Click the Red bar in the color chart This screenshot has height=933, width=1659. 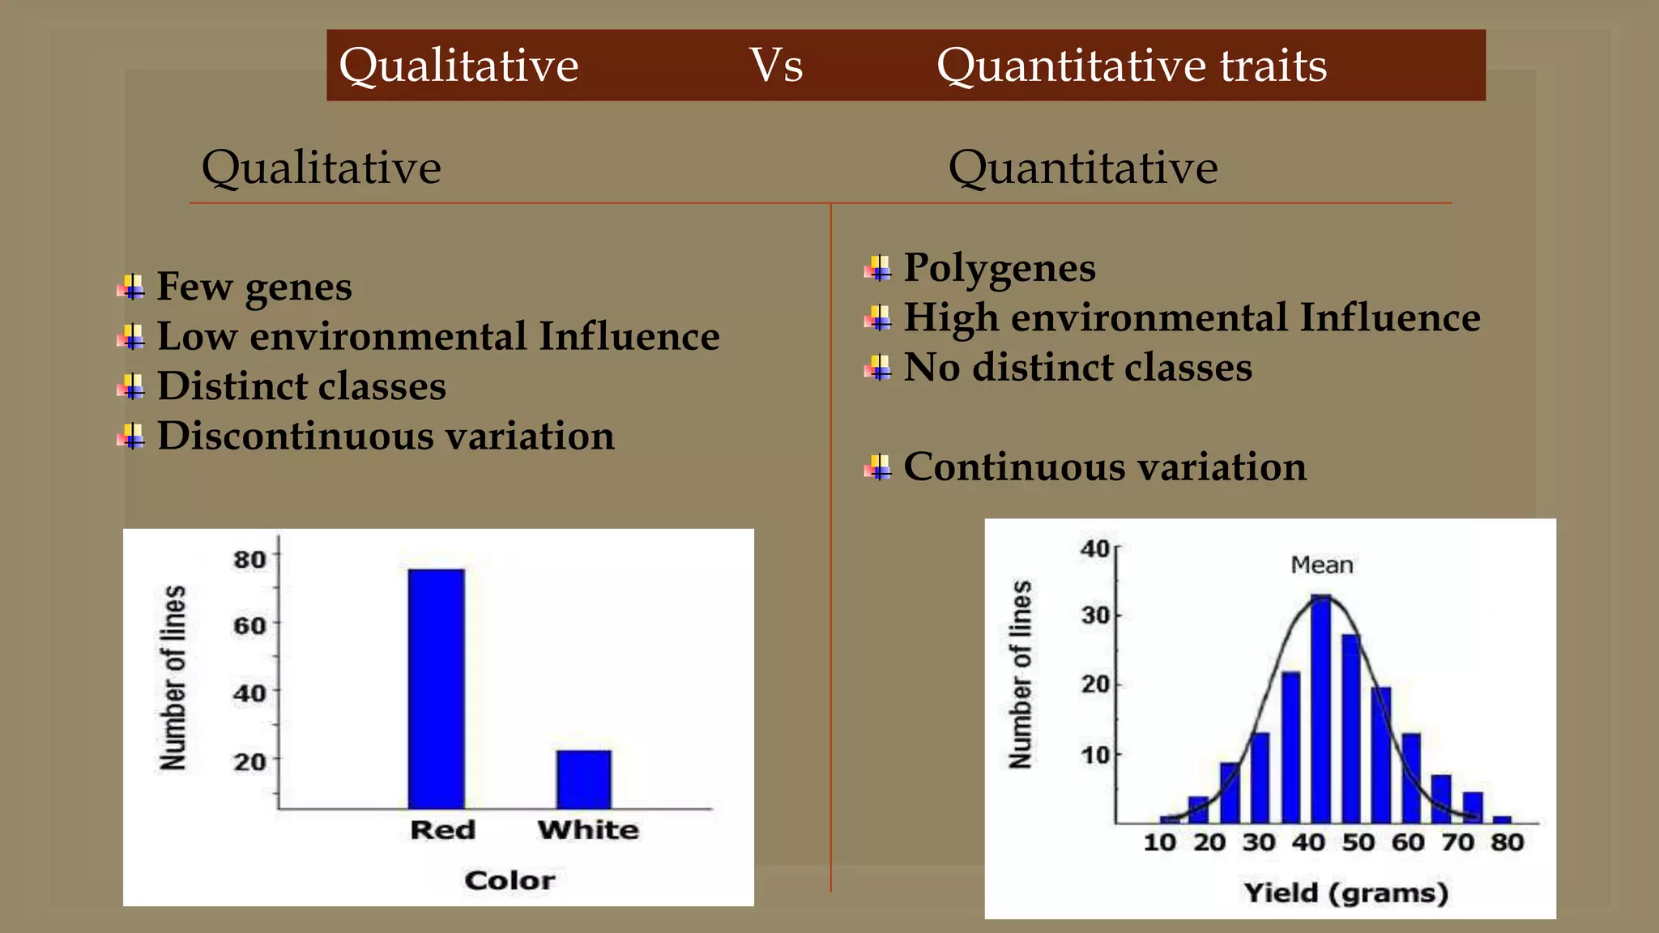tap(436, 688)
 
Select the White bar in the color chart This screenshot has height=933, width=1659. tap(583, 779)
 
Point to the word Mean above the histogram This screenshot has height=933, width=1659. tap(1321, 564)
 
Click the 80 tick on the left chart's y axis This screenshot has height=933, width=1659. tap(249, 560)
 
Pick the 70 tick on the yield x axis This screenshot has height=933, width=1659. tap(1457, 842)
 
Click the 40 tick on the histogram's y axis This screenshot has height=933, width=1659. tap(1095, 549)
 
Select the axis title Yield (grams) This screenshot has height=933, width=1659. tap(1346, 893)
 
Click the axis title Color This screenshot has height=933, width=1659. tap(510, 880)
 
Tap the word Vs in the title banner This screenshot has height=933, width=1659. tap(775, 65)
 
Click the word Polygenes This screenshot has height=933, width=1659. tap(999, 268)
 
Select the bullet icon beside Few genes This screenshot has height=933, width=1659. tap(131, 288)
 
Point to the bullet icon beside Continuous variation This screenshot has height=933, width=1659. tap(878, 467)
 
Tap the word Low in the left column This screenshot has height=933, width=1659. tap(197, 336)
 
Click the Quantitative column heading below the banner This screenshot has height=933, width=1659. tap(1082, 168)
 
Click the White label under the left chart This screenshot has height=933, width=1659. tap(588, 829)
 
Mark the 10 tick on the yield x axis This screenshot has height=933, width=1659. tap(1159, 842)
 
